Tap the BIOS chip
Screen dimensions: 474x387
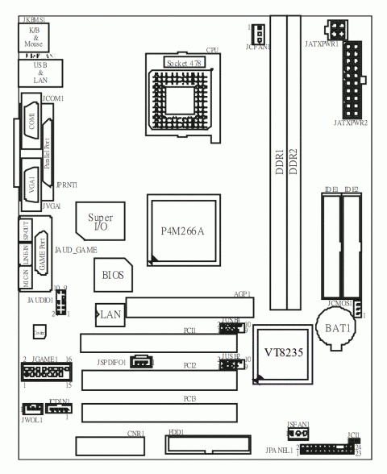[x=112, y=275]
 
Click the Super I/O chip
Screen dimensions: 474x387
[x=100, y=221]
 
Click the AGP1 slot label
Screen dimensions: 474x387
[x=243, y=294]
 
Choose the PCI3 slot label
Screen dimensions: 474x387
[x=189, y=398]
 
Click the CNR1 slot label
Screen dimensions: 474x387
[x=135, y=433]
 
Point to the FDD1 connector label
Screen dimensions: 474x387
[x=176, y=432]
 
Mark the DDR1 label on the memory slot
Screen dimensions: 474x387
[x=279, y=161]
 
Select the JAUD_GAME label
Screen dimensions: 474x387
[x=76, y=251]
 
